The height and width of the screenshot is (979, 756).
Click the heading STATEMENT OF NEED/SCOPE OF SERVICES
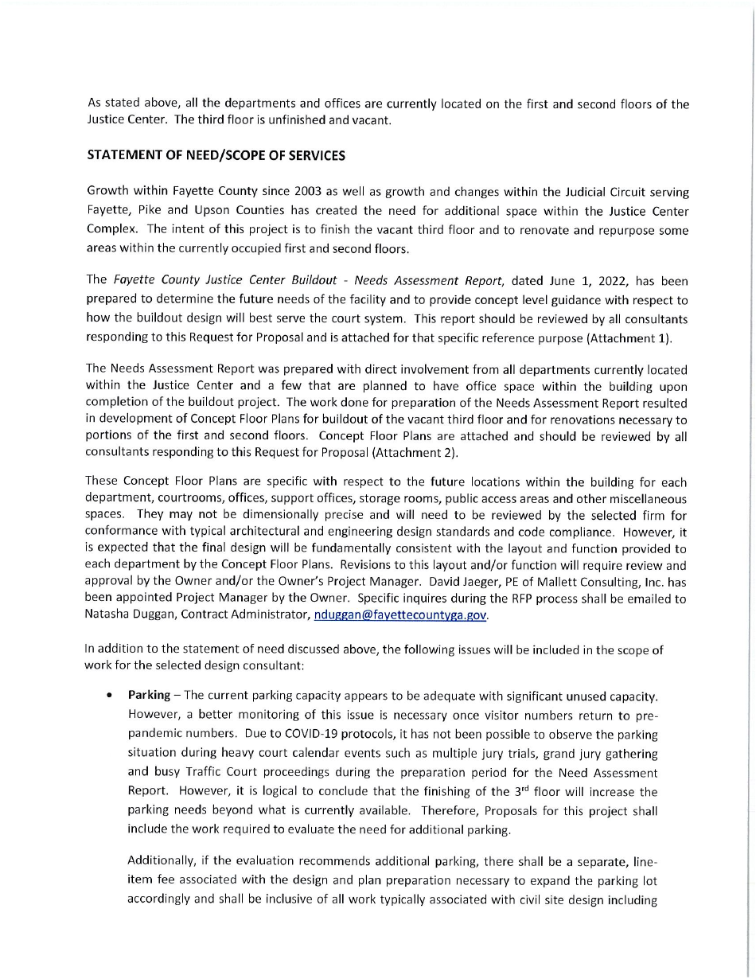(x=216, y=156)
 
